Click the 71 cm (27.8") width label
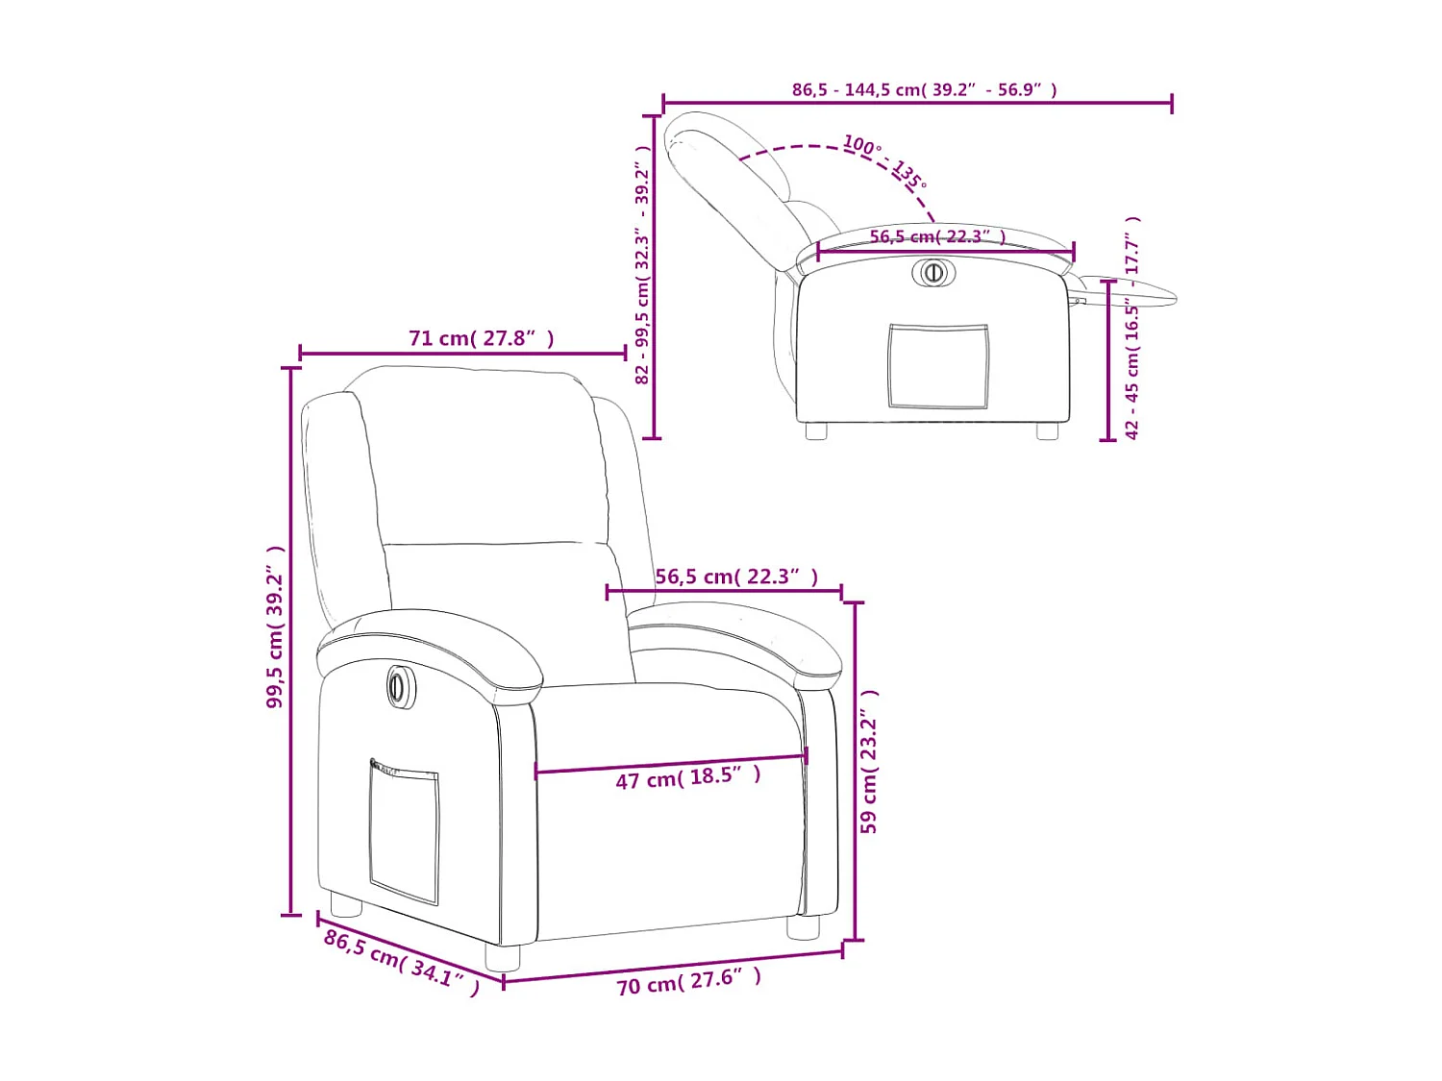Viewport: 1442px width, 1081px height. pyautogui.click(x=481, y=338)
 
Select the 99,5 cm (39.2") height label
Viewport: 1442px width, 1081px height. pyautogui.click(x=276, y=626)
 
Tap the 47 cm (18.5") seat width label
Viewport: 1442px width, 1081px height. pyautogui.click(x=688, y=777)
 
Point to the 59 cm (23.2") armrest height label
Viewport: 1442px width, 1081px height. pyautogui.click(x=869, y=761)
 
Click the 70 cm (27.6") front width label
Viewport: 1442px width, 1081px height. pyautogui.click(x=688, y=981)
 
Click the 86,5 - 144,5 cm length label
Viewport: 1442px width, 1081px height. pyautogui.click(x=924, y=89)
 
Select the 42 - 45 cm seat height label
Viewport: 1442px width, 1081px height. pyautogui.click(x=1132, y=327)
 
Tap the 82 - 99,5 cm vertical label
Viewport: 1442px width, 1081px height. pyautogui.click(x=642, y=264)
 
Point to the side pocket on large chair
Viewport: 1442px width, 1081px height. pyautogui.click(x=404, y=830)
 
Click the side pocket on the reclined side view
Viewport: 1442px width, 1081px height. pyautogui.click(x=937, y=366)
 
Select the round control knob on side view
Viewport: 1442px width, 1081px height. pyautogui.click(x=932, y=272)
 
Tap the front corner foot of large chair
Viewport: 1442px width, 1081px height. pyautogui.click(x=502, y=957)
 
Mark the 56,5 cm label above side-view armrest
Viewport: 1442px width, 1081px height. pyautogui.click(x=937, y=236)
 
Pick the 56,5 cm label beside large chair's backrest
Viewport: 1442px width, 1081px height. pyautogui.click(x=736, y=577)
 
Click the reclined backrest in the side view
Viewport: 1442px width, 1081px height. pyautogui.click(x=734, y=187)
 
